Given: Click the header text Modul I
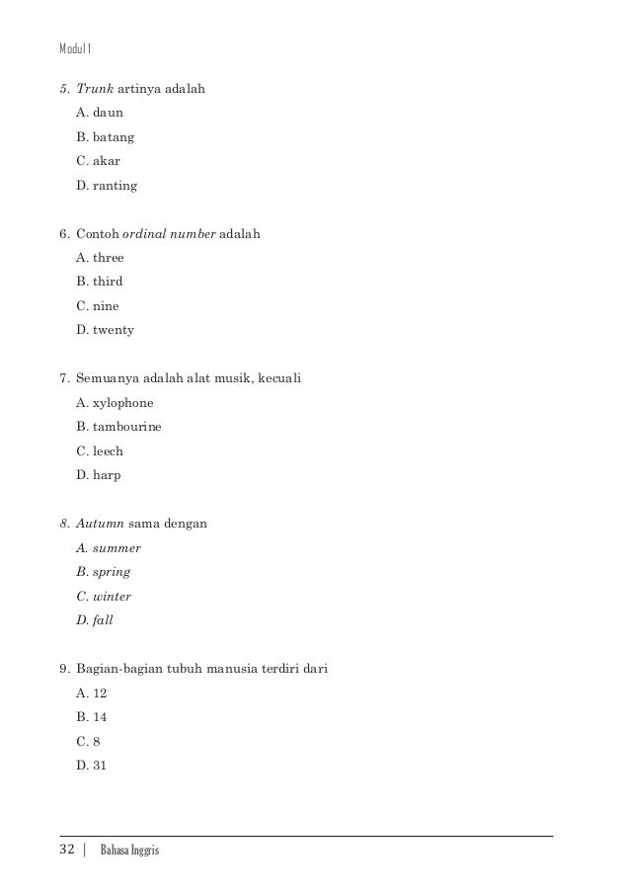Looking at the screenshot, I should click(x=75, y=46).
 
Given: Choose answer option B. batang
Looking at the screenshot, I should click(x=105, y=137).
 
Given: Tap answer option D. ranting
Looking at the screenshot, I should click(x=106, y=185).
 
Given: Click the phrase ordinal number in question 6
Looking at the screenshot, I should click(x=174, y=234).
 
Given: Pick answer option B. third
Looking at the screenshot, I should click(x=99, y=282).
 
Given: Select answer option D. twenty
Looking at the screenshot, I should click(x=105, y=329).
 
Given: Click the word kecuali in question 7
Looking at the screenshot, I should click(x=278, y=378).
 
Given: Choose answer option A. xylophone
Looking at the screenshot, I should click(x=115, y=403).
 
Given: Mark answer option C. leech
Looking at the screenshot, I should click(x=99, y=450).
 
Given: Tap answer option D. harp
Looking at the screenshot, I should click(x=98, y=475).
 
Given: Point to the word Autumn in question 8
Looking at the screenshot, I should click(x=100, y=524).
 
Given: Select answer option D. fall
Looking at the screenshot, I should click(x=96, y=620).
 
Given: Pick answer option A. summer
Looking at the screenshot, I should click(x=108, y=548).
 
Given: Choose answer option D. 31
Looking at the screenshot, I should click(x=91, y=765).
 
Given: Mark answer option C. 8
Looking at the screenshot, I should click(x=88, y=741).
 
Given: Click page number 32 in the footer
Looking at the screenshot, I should click(x=68, y=850).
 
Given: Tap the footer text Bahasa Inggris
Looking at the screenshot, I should click(x=129, y=851).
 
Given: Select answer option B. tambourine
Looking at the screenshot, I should click(x=118, y=427).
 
